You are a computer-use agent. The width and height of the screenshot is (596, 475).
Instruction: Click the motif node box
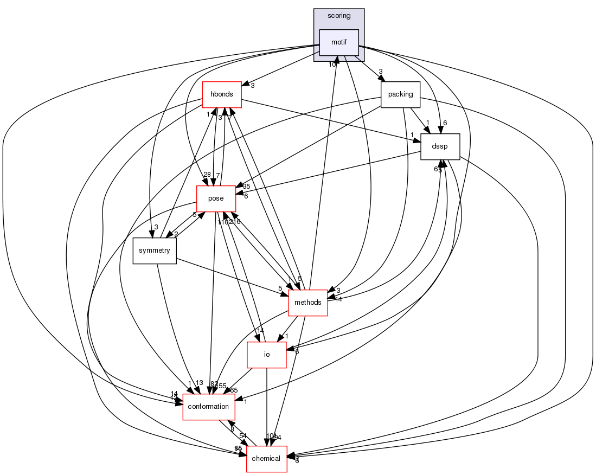[339, 42]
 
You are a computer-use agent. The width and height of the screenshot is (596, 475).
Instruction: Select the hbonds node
[221, 94]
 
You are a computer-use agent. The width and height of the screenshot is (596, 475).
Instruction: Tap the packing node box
[401, 94]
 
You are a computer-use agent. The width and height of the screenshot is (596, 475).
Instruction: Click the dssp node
[441, 147]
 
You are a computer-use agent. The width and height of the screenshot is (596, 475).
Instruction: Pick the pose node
[216, 198]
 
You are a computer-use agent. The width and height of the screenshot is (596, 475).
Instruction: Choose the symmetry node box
[155, 251]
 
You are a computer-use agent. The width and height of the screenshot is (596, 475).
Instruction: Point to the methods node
[308, 303]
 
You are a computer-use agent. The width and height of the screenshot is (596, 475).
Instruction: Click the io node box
[266, 355]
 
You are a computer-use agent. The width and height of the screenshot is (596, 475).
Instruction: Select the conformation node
[209, 407]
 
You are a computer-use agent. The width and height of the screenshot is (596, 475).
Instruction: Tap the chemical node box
[267, 459]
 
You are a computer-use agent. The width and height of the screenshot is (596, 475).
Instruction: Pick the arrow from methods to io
[287, 329]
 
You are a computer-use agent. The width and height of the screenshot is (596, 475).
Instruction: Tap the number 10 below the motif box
[332, 65]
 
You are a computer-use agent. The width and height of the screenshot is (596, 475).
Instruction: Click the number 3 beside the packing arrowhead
[381, 72]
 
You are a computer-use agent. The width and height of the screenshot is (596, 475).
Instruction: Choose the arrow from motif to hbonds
[282, 68]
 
